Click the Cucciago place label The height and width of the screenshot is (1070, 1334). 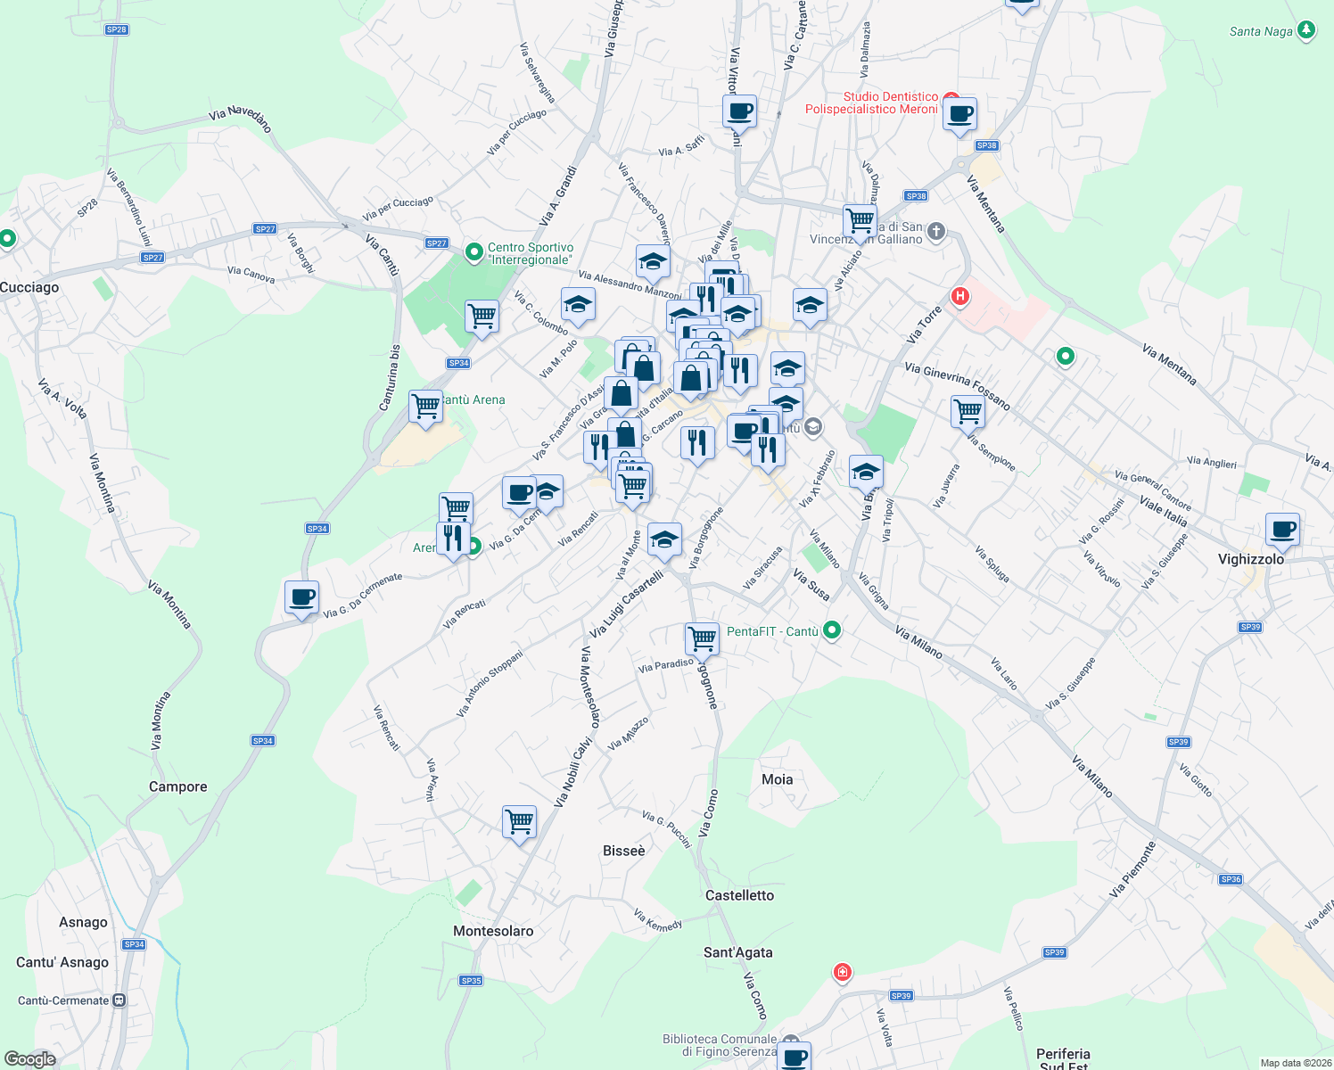pyautogui.click(x=29, y=287)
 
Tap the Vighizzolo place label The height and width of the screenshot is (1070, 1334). pyautogui.click(x=1251, y=559)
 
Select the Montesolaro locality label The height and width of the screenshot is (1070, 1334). pyautogui.click(x=493, y=931)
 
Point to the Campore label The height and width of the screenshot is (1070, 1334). pyautogui.click(x=178, y=786)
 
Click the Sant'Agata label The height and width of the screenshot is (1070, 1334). pyautogui.click(x=738, y=952)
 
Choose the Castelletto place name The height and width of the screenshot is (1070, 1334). pyautogui.click(x=740, y=895)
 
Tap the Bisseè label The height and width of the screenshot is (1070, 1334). pyautogui.click(x=624, y=851)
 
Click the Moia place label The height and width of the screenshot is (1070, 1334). pyautogui.click(x=778, y=779)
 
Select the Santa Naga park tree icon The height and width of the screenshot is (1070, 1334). pyautogui.click(x=1306, y=31)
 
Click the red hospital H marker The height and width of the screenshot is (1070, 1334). pyautogui.click(x=960, y=296)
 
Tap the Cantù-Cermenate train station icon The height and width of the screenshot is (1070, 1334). pyautogui.click(x=119, y=1000)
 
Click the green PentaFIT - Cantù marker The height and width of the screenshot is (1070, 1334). pyautogui.click(x=832, y=631)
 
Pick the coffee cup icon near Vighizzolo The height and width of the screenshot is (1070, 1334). pyautogui.click(x=1283, y=530)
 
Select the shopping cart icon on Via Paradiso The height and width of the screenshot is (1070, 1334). pyautogui.click(x=702, y=638)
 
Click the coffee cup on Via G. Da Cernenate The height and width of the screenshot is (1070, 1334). pyautogui.click(x=302, y=597)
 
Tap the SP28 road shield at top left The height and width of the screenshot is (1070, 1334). pyautogui.click(x=116, y=29)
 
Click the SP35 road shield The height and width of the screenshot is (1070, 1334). pyautogui.click(x=471, y=981)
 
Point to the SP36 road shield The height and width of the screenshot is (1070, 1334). pyautogui.click(x=1231, y=879)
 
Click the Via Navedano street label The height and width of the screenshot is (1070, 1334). pyautogui.click(x=241, y=118)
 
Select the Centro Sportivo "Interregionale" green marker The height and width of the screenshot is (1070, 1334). pyautogui.click(x=474, y=254)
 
